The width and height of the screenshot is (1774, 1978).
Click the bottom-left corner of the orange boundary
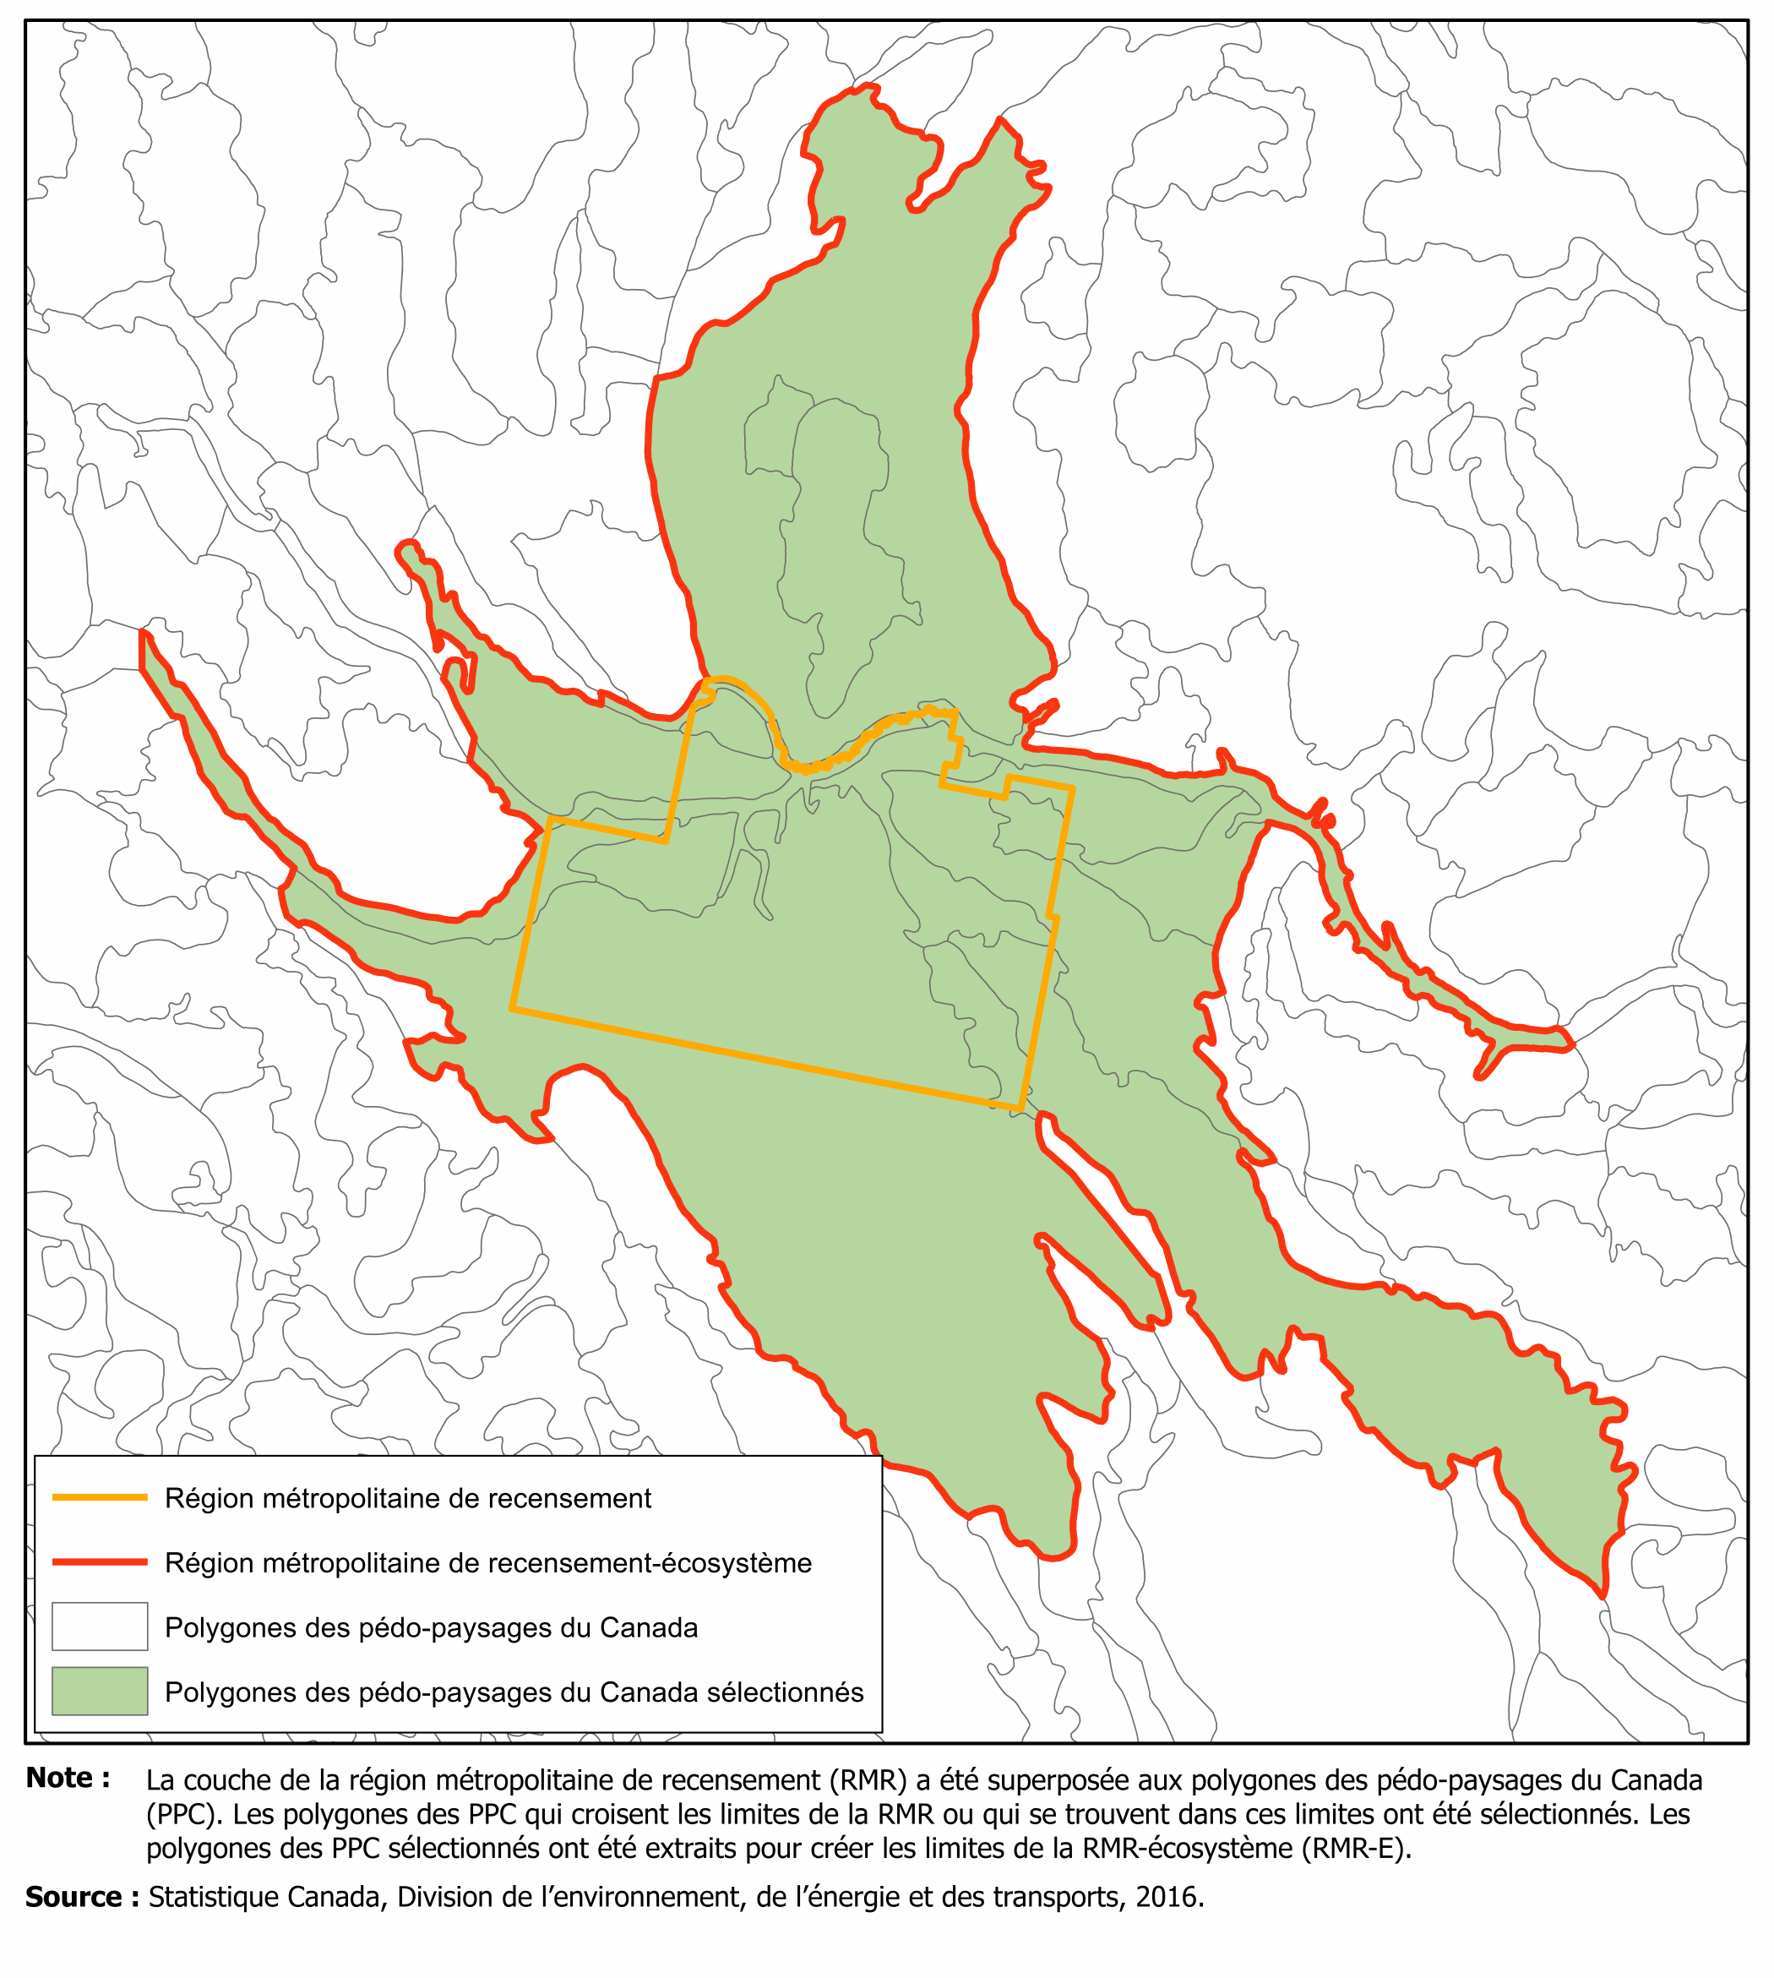pyautogui.click(x=512, y=1009)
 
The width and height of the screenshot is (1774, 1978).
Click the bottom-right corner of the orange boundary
pyautogui.click(x=1020, y=1109)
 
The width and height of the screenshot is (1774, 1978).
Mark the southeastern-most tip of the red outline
pyautogui.click(x=1603, y=1596)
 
